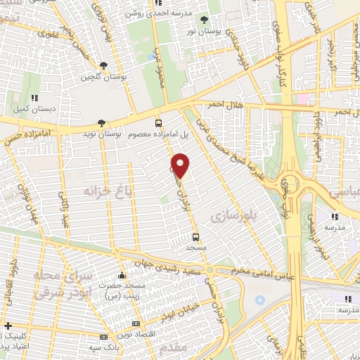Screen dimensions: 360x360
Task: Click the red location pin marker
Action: point(181,165)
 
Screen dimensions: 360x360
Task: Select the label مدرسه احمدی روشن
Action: point(158,13)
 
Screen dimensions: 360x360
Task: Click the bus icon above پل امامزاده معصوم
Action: point(158,121)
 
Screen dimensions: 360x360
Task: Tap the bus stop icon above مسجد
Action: point(195,237)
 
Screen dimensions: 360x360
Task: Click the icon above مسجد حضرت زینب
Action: point(122,274)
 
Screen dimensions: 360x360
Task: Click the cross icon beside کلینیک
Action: point(8,326)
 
